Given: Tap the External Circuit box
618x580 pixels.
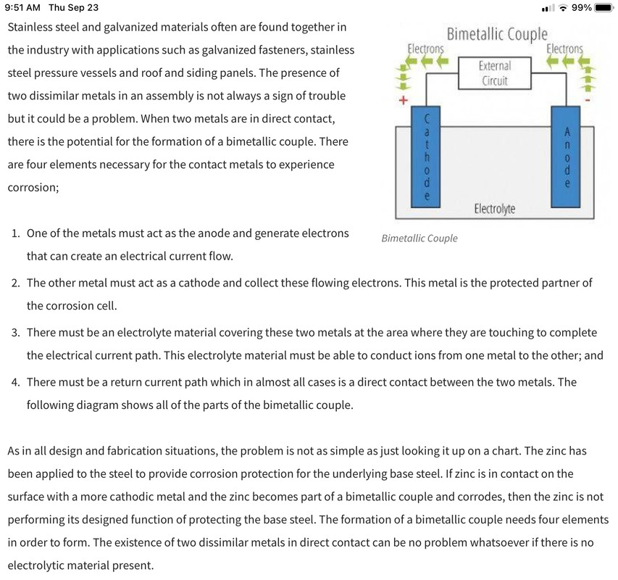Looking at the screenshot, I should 494,73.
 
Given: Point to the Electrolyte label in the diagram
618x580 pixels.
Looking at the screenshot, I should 494,209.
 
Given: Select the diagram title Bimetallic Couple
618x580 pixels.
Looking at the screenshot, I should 497,34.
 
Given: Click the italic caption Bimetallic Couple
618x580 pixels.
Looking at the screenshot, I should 419,239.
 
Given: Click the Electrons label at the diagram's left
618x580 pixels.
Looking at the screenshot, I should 425,49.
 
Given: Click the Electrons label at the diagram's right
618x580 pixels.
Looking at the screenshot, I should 564,49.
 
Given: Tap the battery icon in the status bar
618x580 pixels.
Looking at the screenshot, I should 604,7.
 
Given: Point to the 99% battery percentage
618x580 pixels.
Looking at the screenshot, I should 582,7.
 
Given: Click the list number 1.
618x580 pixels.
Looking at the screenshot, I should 15,234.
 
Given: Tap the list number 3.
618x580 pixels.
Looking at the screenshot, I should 15,333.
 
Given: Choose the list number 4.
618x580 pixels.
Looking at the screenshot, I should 15,382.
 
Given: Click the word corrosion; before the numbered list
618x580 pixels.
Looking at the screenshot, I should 33,187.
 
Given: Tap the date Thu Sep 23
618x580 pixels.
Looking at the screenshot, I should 73,7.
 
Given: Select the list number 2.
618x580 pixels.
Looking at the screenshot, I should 15,283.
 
